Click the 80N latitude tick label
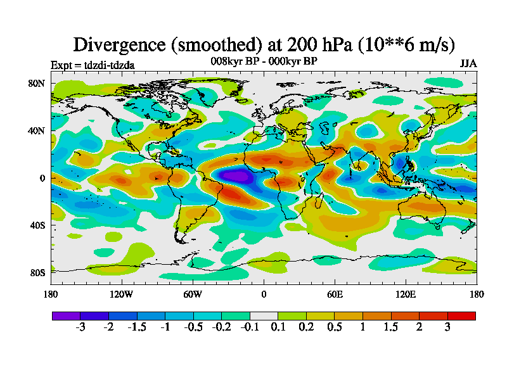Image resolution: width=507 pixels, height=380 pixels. coord(37,83)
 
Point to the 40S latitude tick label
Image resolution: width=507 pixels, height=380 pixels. coord(37,225)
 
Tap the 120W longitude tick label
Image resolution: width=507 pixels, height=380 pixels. coord(121,294)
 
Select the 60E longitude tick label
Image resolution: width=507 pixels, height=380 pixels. coord(335,294)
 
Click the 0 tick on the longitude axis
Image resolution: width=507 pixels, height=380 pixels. coord(264,294)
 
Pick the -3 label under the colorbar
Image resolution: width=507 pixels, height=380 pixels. coord(80,327)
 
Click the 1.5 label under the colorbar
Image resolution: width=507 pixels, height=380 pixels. coord(391,327)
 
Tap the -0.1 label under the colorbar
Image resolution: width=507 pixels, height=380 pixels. coord(250,327)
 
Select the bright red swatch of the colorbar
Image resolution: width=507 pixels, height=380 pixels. coord(461,315)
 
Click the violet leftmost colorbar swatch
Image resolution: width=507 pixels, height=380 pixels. coord(66,315)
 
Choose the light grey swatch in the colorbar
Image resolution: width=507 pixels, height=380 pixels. coord(264,315)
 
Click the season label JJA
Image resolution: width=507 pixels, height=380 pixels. coord(468,64)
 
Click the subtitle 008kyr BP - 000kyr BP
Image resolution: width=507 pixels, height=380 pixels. coord(264,61)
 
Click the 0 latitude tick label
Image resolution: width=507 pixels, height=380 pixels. coord(42,178)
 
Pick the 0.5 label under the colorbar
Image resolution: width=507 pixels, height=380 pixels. coord(335,327)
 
